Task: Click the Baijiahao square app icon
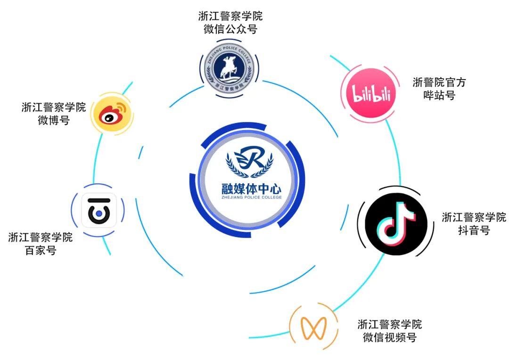point(99,211)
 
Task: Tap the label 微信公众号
point(230,29)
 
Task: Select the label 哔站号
point(439,96)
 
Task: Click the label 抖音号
point(474,230)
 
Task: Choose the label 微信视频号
point(390,337)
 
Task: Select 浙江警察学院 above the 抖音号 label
point(474,217)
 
